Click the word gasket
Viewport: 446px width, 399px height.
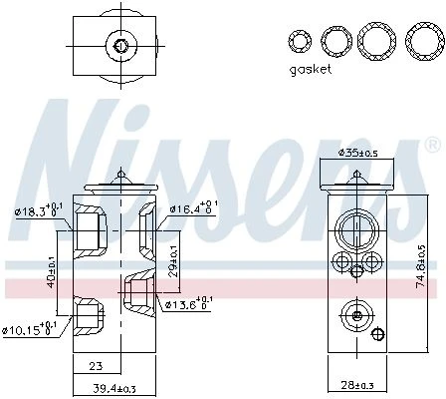tap(311, 70)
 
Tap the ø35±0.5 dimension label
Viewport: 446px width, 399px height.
tap(358, 153)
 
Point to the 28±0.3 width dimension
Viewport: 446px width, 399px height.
tap(357, 385)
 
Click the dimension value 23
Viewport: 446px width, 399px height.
tap(96, 366)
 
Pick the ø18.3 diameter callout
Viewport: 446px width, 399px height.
tap(39, 210)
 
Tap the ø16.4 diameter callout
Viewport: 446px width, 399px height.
tap(194, 208)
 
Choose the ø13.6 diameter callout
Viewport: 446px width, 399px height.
tap(189, 303)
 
